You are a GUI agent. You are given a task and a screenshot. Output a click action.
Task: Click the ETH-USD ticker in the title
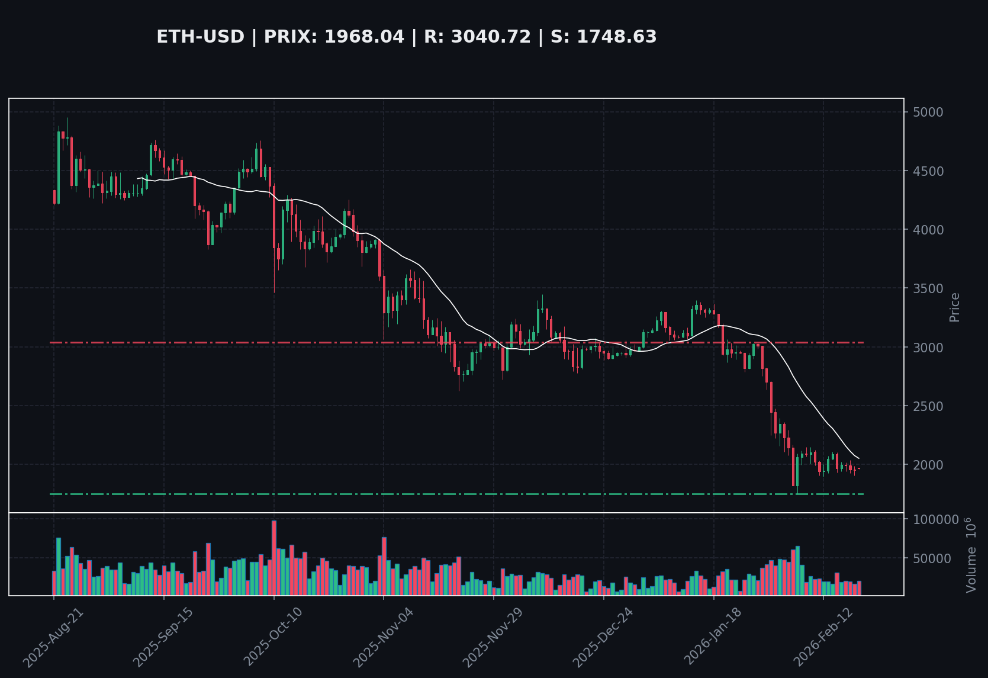200,37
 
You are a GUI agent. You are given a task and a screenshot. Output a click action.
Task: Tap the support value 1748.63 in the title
616,37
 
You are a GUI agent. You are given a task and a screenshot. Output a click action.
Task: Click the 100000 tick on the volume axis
935,519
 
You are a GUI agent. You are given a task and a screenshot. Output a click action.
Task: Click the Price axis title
954,307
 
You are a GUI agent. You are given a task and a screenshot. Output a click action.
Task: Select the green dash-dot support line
414,494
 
